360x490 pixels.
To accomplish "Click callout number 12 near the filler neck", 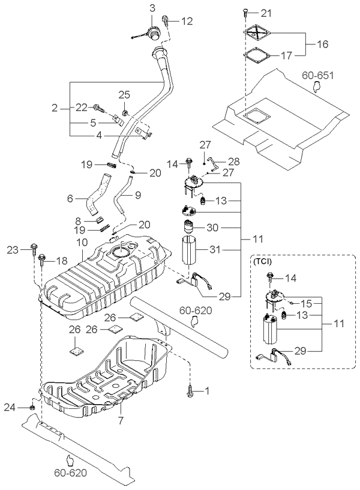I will coord(188,21).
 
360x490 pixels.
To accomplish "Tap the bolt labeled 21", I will coord(247,13).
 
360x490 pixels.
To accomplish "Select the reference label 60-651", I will coord(318,76).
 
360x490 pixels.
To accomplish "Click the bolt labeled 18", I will coord(43,260).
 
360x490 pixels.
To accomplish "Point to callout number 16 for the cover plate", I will coord(323,44).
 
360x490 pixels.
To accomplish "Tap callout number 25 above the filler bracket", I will coord(124,95).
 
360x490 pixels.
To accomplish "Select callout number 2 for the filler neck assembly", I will coord(55,108).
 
